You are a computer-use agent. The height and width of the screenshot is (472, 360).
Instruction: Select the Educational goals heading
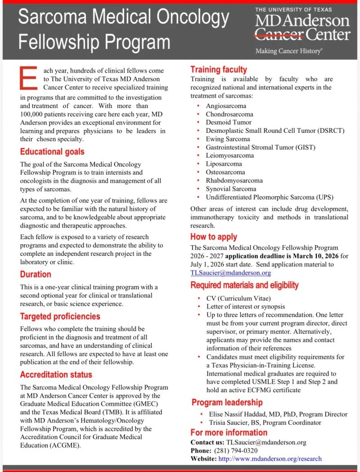click(x=52, y=152)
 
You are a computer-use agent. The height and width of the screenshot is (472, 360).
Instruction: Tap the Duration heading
click(x=36, y=274)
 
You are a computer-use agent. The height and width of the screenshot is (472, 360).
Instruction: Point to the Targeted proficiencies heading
click(x=60, y=316)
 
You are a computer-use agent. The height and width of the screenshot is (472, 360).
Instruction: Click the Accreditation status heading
click(x=56, y=374)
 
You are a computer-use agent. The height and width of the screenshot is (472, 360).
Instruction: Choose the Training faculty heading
click(x=219, y=69)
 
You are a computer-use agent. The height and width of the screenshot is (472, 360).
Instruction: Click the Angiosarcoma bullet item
click(x=226, y=106)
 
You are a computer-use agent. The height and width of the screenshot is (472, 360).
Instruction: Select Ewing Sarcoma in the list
click(x=228, y=139)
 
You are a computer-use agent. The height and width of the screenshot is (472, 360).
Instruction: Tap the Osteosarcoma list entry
click(x=225, y=172)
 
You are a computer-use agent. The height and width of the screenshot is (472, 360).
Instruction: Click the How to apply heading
click(x=214, y=236)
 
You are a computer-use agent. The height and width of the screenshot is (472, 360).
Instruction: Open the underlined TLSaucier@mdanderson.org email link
click(x=230, y=272)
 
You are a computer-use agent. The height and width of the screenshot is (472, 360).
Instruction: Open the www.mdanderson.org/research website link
click(x=270, y=458)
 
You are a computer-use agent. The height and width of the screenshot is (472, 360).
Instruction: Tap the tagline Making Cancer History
click(x=288, y=51)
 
